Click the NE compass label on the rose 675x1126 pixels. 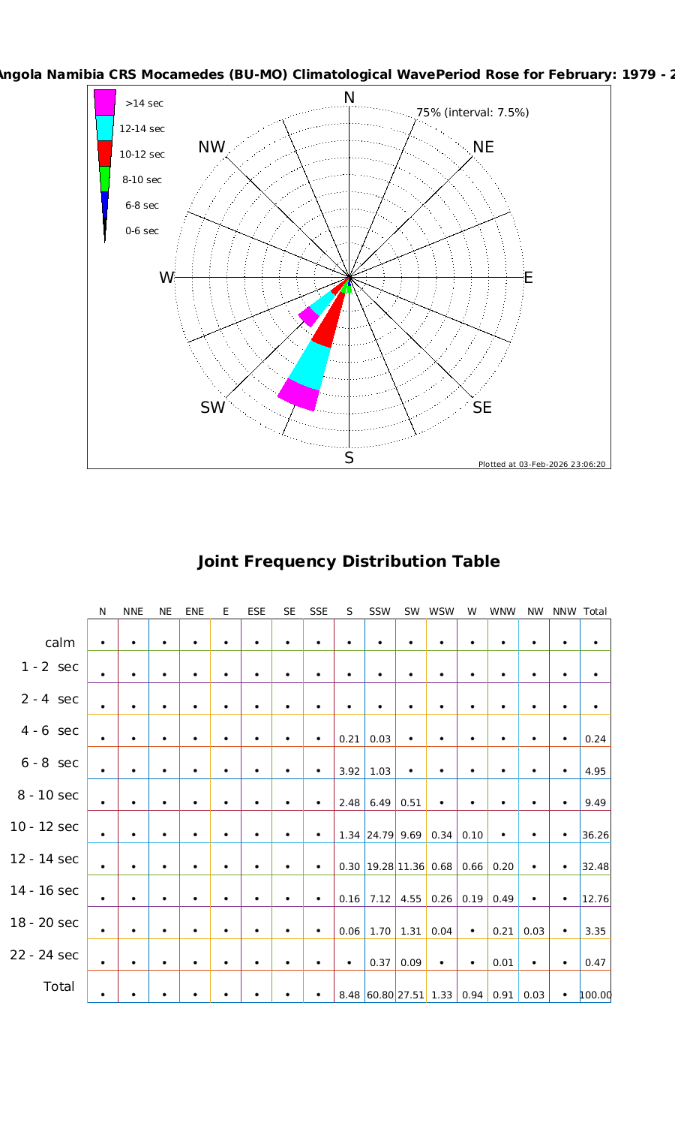click(x=484, y=147)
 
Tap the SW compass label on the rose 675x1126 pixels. click(x=212, y=408)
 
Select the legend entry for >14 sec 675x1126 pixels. click(x=144, y=104)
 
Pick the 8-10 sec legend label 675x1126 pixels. click(x=142, y=180)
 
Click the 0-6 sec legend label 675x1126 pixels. click(x=142, y=231)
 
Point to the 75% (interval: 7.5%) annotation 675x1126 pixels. click(x=472, y=113)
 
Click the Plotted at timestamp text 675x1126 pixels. click(x=541, y=464)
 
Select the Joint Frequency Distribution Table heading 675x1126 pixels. click(x=348, y=561)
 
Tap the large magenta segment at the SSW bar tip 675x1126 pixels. click(x=298, y=395)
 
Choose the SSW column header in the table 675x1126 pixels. click(x=380, y=612)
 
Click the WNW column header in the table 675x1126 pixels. click(x=502, y=612)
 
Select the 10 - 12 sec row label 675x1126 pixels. click(x=44, y=826)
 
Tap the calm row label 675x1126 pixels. click(x=60, y=643)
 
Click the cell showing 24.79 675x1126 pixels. click(x=380, y=835)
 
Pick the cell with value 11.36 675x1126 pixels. click(x=411, y=867)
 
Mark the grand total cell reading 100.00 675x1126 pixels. click(x=595, y=995)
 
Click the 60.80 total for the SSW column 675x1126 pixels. click(x=380, y=995)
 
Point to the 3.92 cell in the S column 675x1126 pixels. click(x=349, y=771)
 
